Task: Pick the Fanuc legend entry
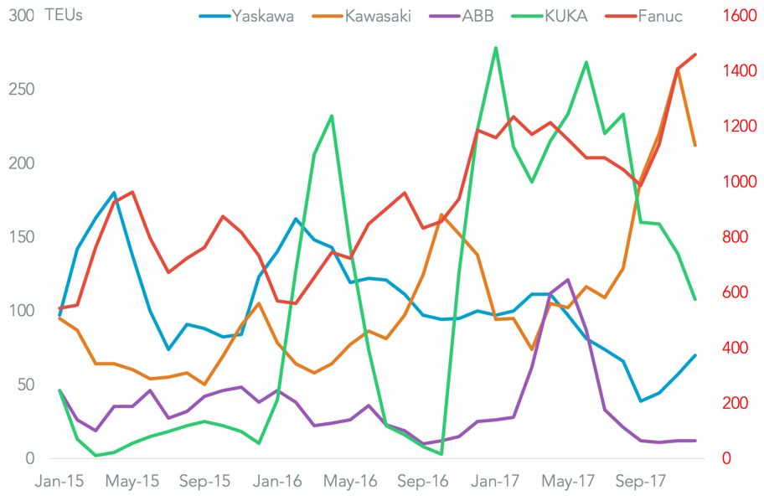[x=666, y=16]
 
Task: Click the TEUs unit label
[x=64, y=15]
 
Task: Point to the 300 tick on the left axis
[x=20, y=15]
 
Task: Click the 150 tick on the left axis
[x=20, y=237]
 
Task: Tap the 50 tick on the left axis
[x=24, y=385]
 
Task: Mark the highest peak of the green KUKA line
[x=496, y=48]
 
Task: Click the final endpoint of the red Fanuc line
[x=695, y=54]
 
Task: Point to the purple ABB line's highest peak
[x=568, y=280]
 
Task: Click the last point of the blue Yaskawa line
[x=695, y=355]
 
